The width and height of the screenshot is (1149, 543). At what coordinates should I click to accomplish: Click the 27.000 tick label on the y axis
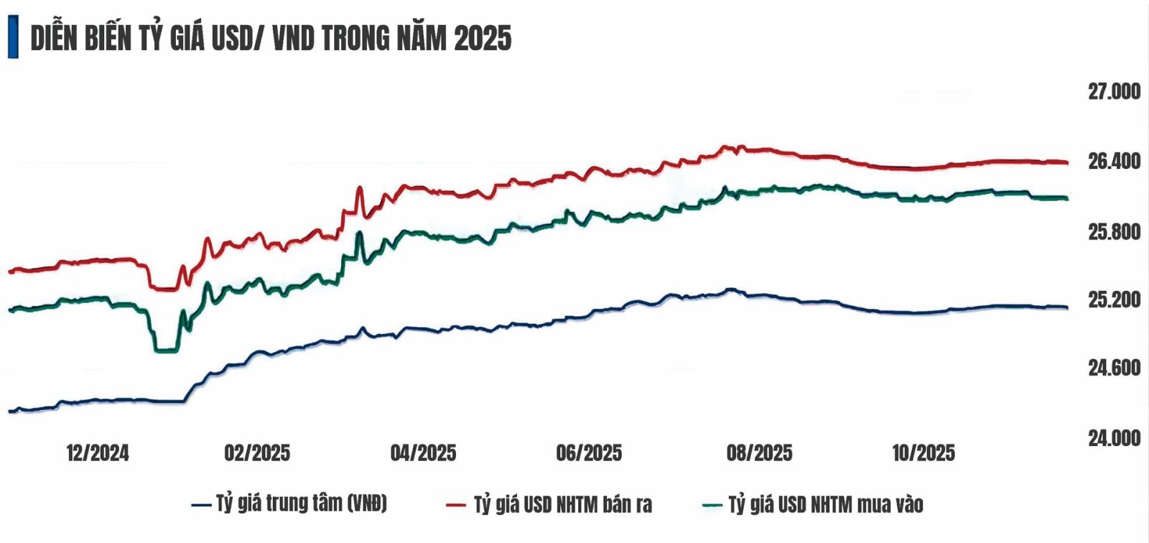coord(1114,92)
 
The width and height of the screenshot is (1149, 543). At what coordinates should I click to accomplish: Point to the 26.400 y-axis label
coord(1114,162)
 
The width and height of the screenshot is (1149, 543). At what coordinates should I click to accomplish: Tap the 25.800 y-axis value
coord(1114,232)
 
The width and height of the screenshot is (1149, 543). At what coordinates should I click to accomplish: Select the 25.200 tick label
coord(1114,300)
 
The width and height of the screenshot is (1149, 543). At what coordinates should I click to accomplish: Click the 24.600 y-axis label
coord(1114,368)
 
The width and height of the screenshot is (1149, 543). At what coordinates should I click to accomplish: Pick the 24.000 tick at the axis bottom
coord(1114,438)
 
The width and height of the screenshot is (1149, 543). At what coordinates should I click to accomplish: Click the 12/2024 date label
coord(98,453)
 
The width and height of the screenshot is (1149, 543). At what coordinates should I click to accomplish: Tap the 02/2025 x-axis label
coord(257,453)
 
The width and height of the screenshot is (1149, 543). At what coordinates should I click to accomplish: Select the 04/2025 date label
coord(423,453)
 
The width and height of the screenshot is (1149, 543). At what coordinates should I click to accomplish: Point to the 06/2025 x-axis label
coord(589,453)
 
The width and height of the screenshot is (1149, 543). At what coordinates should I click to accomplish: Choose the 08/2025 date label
coord(759,453)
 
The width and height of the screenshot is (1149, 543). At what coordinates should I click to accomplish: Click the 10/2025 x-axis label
coord(924,453)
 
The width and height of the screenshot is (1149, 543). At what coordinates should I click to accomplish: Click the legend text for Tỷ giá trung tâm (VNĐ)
coord(301,503)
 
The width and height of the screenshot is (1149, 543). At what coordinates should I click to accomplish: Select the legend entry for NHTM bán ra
coord(562,505)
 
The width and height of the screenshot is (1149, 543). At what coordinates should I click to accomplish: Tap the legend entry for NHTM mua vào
coord(825,505)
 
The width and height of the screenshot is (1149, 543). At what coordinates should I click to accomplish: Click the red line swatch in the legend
coord(455,505)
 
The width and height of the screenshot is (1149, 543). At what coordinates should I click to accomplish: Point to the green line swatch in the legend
coord(710,505)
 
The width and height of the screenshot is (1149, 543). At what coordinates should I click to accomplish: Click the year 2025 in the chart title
coord(483,38)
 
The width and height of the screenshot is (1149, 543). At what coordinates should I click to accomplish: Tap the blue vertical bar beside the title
coord(13,38)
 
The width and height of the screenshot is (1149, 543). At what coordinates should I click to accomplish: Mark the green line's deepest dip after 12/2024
coord(167,351)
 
